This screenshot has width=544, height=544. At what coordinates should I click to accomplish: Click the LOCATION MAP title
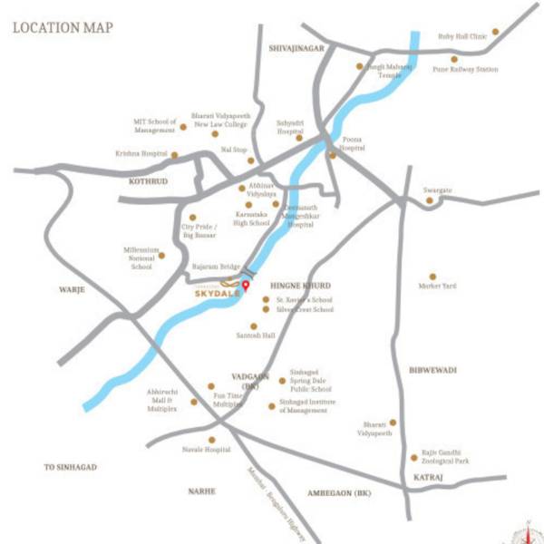tap(63, 28)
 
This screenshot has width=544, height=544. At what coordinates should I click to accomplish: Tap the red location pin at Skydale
tap(244, 288)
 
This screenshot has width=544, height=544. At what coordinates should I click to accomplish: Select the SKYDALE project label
tap(215, 294)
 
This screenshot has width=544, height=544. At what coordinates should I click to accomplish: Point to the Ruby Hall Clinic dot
tap(495, 32)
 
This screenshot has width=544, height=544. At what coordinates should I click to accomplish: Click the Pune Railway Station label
tap(465, 69)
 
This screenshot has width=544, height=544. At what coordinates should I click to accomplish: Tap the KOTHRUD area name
tap(143, 181)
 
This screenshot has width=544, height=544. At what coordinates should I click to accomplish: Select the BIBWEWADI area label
tap(432, 370)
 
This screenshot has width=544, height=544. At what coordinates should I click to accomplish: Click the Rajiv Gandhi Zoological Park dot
tap(413, 456)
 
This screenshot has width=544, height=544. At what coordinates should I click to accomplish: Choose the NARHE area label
tap(202, 491)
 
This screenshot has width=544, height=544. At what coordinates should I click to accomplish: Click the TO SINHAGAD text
tap(71, 467)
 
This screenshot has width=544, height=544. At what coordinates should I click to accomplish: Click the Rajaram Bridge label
tap(216, 267)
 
